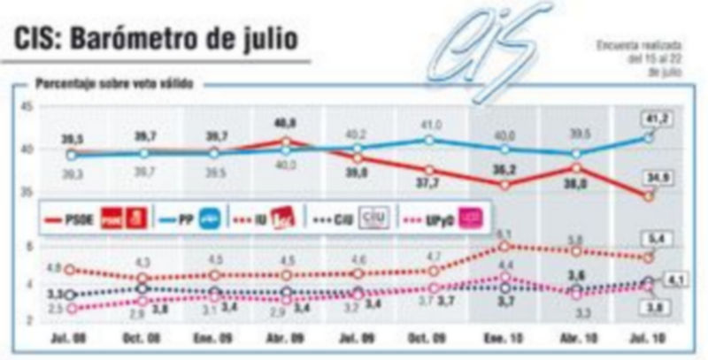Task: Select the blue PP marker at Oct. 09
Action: click(x=429, y=140)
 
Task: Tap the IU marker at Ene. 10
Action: click(x=505, y=246)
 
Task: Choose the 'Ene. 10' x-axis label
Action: click(x=505, y=339)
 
